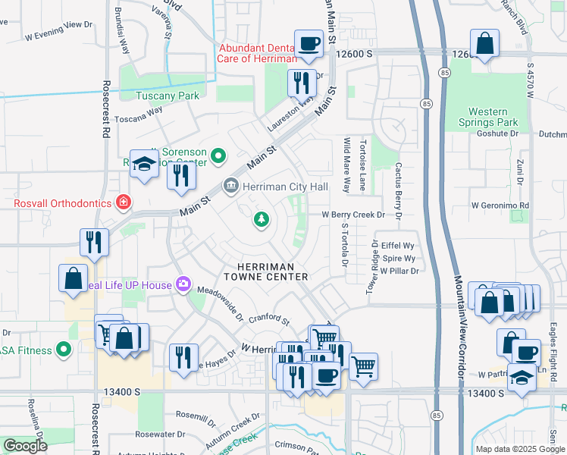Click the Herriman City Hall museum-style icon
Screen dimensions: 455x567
(230, 186)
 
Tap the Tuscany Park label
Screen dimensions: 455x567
(168, 96)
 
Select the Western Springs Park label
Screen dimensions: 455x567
(487, 117)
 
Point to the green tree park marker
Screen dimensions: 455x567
(262, 219)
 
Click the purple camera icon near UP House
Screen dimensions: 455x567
(183, 284)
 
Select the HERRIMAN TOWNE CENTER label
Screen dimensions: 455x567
(262, 271)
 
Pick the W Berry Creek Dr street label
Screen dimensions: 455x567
(353, 215)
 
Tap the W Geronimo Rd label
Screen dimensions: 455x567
(499, 206)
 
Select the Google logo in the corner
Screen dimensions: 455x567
(26, 445)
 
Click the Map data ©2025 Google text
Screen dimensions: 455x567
(519, 449)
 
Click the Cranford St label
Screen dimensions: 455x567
(270, 319)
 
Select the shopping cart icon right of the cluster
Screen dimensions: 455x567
(364, 367)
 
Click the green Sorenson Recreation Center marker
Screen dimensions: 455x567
(219, 157)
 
